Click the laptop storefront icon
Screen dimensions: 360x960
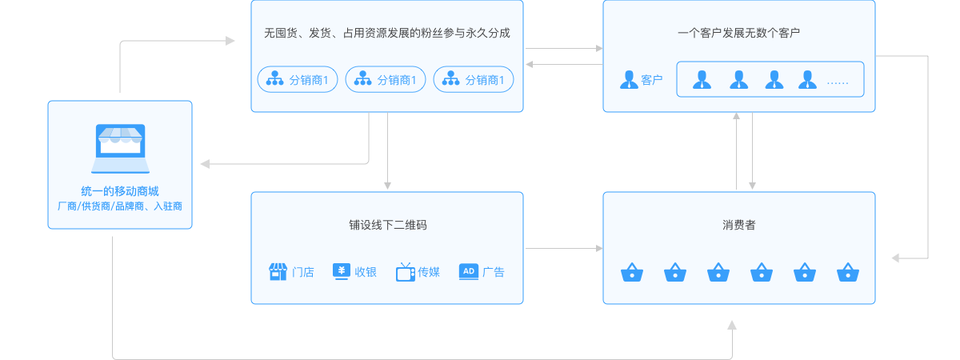tap(120, 148)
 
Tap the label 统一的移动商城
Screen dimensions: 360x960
tap(120, 191)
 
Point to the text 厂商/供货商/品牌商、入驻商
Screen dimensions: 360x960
tap(120, 206)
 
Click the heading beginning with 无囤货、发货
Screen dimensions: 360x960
tap(387, 34)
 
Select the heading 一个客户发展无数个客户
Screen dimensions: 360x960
tap(738, 34)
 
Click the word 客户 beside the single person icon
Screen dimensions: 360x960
tap(652, 80)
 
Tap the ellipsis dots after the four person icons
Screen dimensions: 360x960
tap(837, 82)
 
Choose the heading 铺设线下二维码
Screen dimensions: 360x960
tap(387, 225)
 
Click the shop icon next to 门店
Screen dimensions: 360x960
tap(278, 272)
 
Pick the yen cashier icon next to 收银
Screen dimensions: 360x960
tap(341, 271)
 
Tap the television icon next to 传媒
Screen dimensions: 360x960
tap(405, 272)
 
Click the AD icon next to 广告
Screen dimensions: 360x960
tap(469, 271)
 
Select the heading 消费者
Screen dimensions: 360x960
tap(738, 225)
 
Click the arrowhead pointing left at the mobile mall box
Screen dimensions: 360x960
tap(205, 164)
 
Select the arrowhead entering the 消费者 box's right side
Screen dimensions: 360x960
tap(897, 258)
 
